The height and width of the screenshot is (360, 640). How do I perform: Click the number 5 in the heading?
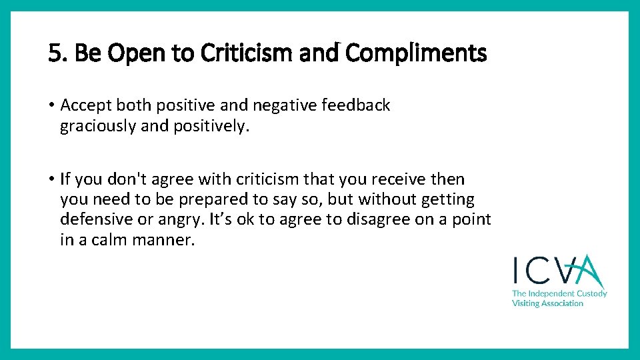54,53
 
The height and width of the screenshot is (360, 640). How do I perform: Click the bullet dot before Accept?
51,106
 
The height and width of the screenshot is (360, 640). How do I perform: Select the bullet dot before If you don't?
51,179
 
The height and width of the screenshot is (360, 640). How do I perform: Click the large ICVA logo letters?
558,271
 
